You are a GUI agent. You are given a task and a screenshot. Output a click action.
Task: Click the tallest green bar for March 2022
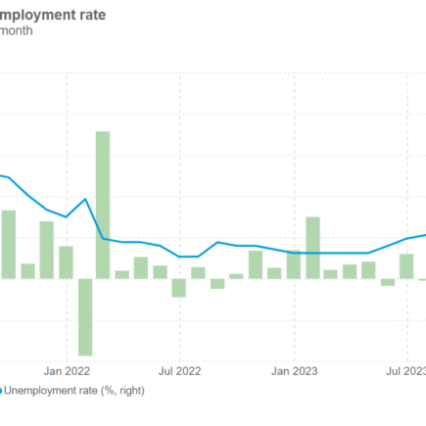tap(103, 205)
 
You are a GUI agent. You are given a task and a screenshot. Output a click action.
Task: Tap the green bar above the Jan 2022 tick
tap(66, 262)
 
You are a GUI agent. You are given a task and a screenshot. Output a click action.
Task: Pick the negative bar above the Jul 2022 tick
tap(178, 288)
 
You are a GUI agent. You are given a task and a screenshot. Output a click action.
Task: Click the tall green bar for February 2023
tap(312, 248)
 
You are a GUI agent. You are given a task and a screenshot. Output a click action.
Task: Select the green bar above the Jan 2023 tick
tap(294, 264)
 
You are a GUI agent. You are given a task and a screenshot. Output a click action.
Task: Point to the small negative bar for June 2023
tap(388, 282)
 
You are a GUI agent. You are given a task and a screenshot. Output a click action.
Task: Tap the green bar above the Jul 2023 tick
tap(406, 265)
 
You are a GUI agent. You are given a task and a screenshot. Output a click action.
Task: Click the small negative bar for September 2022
tap(216, 284)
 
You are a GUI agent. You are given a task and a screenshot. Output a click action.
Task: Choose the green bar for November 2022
tap(255, 264)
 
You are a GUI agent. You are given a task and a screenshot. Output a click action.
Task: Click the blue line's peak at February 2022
tap(85, 199)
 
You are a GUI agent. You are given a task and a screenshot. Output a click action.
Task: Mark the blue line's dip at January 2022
tap(66, 216)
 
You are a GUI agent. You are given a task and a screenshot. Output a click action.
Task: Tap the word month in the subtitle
tap(17, 31)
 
